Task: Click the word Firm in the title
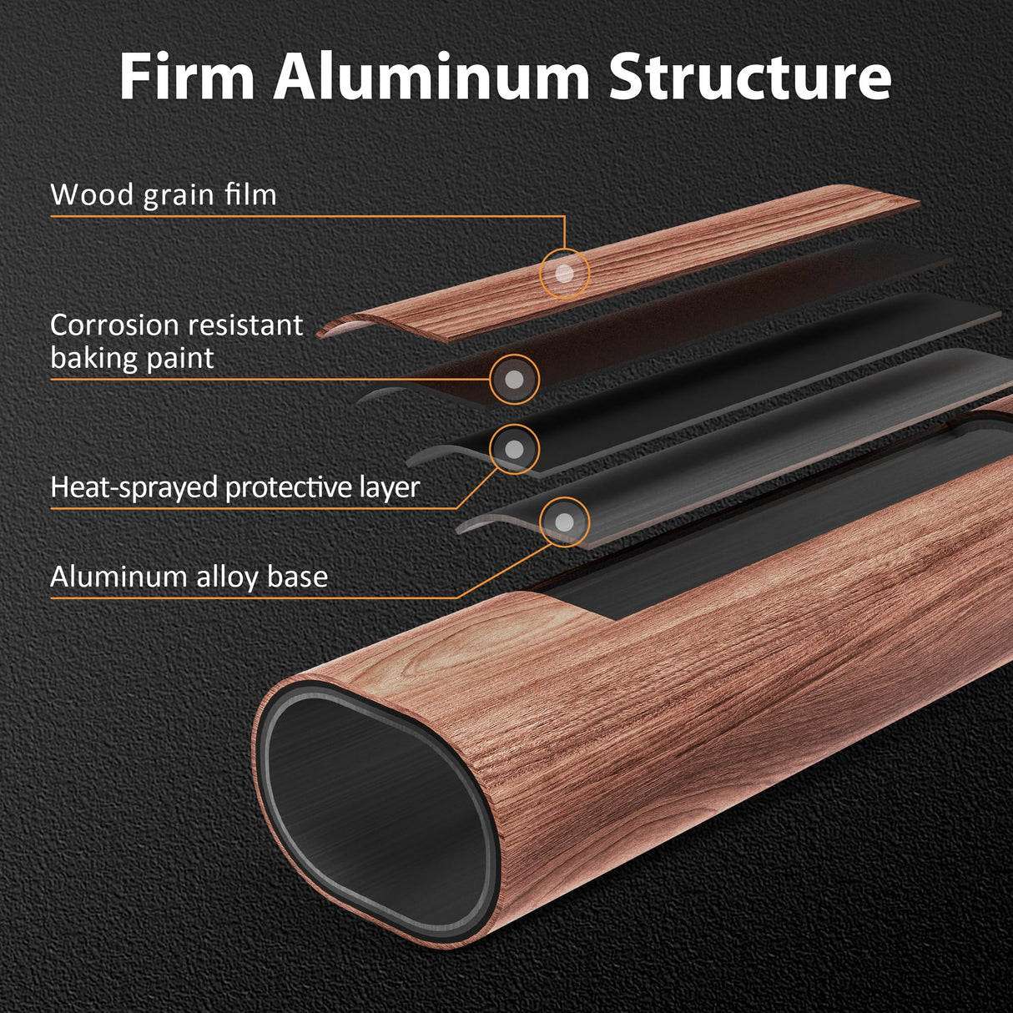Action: tap(186, 77)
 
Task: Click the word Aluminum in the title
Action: tap(431, 77)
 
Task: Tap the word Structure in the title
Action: tap(749, 77)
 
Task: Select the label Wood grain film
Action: tap(164, 194)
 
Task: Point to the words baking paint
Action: tap(132, 358)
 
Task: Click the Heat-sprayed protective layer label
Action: tap(234, 487)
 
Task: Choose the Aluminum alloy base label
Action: tap(189, 577)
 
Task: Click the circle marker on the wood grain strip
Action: tap(565, 273)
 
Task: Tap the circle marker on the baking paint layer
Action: tap(515, 380)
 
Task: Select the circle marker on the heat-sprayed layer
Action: tap(515, 450)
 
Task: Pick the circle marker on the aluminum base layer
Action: tap(565, 522)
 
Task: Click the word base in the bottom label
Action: tap(297, 577)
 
